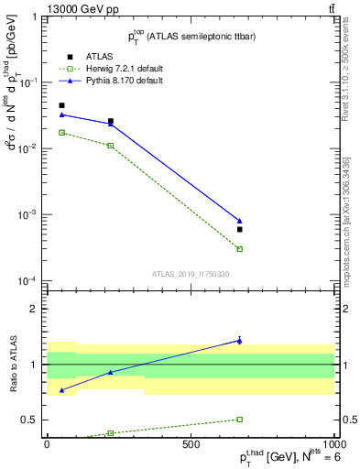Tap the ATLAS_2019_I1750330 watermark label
(191, 274)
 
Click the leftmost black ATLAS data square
(61, 105)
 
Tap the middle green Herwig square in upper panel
(111, 146)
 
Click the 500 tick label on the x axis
(191, 443)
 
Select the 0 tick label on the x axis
(47, 443)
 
